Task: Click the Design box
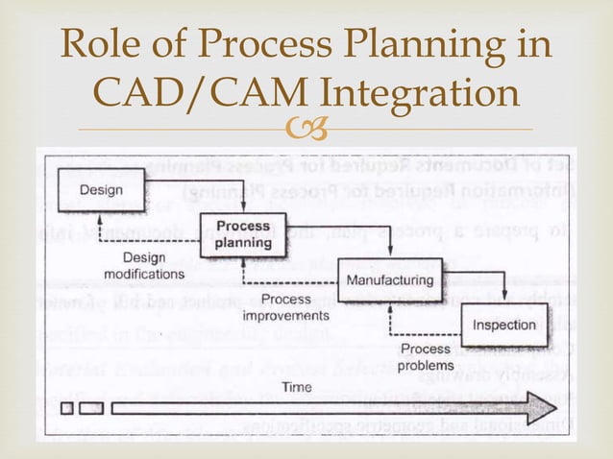click(101, 189)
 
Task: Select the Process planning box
click(242, 234)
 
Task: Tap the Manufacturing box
click(389, 279)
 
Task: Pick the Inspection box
click(503, 325)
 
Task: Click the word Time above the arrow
click(297, 387)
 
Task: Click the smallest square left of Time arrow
click(66, 408)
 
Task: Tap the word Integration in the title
click(412, 95)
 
